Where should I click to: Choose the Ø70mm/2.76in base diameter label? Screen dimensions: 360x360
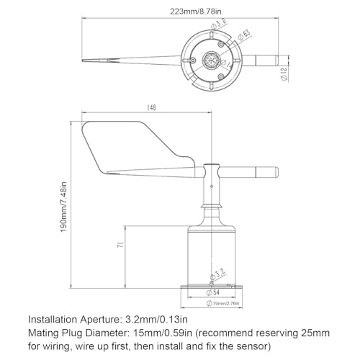point(221,304)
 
